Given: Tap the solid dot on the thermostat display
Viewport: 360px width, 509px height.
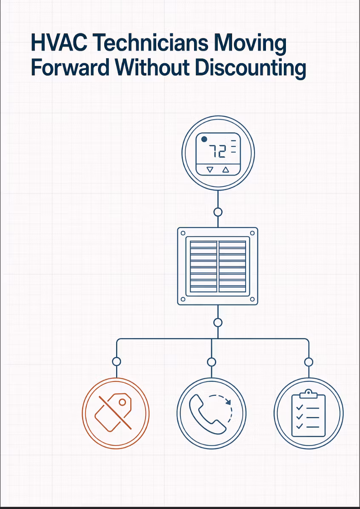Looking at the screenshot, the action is pos(204,139).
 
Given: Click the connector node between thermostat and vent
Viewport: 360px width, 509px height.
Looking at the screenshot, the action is pos(218,212).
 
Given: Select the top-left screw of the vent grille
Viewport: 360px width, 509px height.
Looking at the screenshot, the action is pos(183,233).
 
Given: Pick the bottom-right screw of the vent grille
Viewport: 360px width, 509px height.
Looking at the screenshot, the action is pos(252,299).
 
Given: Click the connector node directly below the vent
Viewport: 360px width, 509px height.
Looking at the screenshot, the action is pos(218,322).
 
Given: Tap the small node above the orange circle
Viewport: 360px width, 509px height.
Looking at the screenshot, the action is pos(116,361).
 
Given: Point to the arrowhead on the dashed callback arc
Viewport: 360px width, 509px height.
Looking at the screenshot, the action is pos(229,402).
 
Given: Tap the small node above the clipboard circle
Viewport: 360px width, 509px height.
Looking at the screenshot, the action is pos(309,362).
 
